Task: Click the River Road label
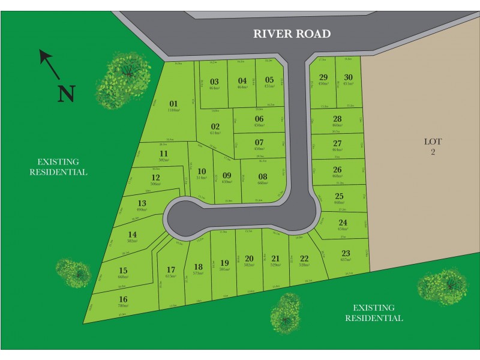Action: click(292, 34)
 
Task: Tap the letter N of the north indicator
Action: click(67, 93)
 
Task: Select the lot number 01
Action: click(174, 103)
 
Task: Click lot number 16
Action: click(123, 299)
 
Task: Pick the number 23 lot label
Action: click(345, 253)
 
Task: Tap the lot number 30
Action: click(349, 77)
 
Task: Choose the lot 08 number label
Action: click(262, 176)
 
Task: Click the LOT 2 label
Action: click(433, 147)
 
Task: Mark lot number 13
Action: click(142, 203)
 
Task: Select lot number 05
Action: click(269, 80)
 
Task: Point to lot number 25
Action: click(339, 196)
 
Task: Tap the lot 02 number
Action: click(215, 126)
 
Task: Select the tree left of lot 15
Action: click(74, 274)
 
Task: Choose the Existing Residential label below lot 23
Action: click(374, 313)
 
